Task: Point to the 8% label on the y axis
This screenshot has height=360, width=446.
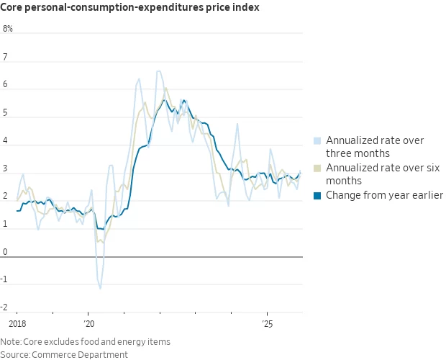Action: (8, 30)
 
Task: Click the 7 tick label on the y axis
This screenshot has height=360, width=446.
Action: (5, 57)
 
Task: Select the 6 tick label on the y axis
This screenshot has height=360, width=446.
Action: (5, 85)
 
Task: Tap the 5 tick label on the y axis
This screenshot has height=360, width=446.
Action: (5, 113)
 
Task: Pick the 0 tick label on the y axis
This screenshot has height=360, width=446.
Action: (5, 252)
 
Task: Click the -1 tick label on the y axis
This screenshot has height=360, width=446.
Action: (6, 280)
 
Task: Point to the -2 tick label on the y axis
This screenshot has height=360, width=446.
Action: (6, 307)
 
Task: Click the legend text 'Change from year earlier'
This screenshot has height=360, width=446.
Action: (385, 196)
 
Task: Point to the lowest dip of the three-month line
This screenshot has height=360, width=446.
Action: (100, 288)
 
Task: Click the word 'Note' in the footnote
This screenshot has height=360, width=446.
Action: (10, 341)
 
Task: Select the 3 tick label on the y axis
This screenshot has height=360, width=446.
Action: (5, 168)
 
